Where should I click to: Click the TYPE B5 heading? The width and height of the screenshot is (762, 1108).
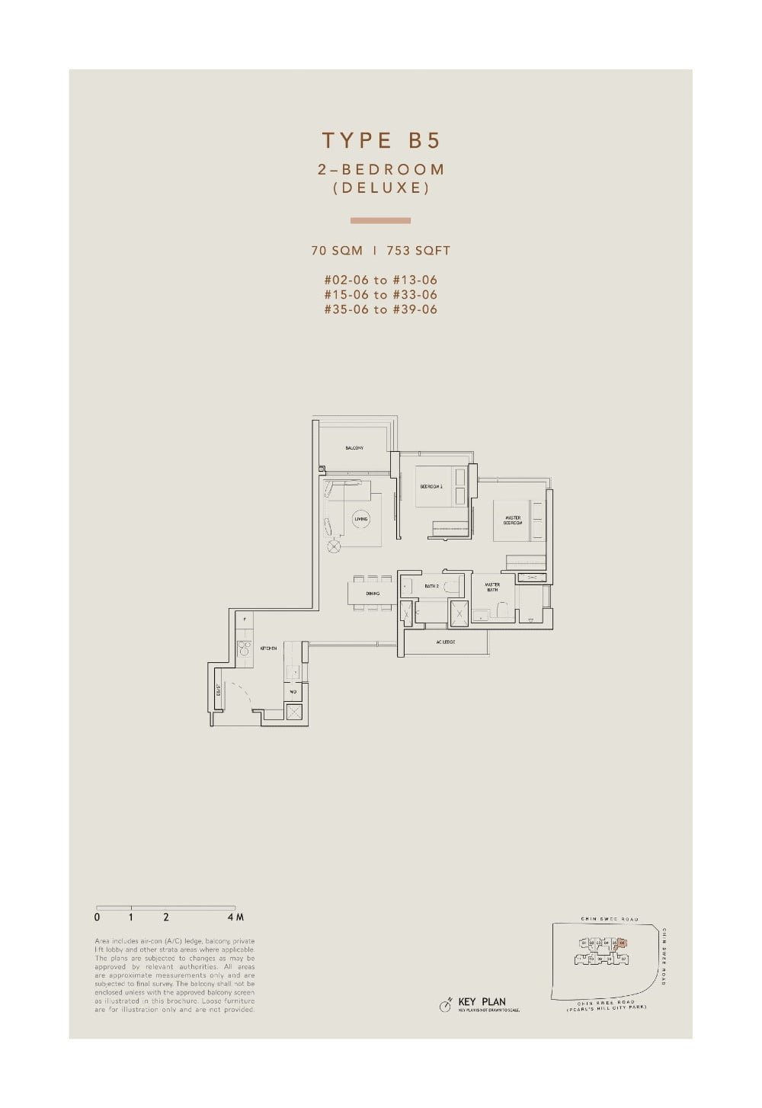[381, 141]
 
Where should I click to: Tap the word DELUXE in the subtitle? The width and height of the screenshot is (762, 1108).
[381, 187]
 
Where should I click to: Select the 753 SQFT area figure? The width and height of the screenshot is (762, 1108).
[418, 250]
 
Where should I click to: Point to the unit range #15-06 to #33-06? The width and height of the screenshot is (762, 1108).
[381, 294]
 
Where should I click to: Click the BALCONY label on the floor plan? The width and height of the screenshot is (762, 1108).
[354, 448]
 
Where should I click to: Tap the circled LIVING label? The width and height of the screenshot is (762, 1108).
[360, 519]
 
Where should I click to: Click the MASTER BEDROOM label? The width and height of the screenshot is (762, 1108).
[513, 521]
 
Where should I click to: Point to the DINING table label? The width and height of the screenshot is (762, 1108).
[373, 593]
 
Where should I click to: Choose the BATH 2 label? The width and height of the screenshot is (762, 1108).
[431, 586]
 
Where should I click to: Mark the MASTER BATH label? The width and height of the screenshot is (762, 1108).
[492, 587]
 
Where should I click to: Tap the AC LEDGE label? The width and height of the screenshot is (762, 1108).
[446, 642]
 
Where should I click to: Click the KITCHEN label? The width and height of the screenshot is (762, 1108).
[268, 648]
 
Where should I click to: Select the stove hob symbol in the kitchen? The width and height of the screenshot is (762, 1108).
[244, 648]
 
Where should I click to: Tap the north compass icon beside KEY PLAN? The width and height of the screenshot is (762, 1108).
[445, 1006]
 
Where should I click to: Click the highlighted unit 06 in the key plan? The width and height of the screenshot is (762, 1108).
[623, 943]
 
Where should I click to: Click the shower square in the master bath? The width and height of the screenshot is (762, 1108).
[459, 611]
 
